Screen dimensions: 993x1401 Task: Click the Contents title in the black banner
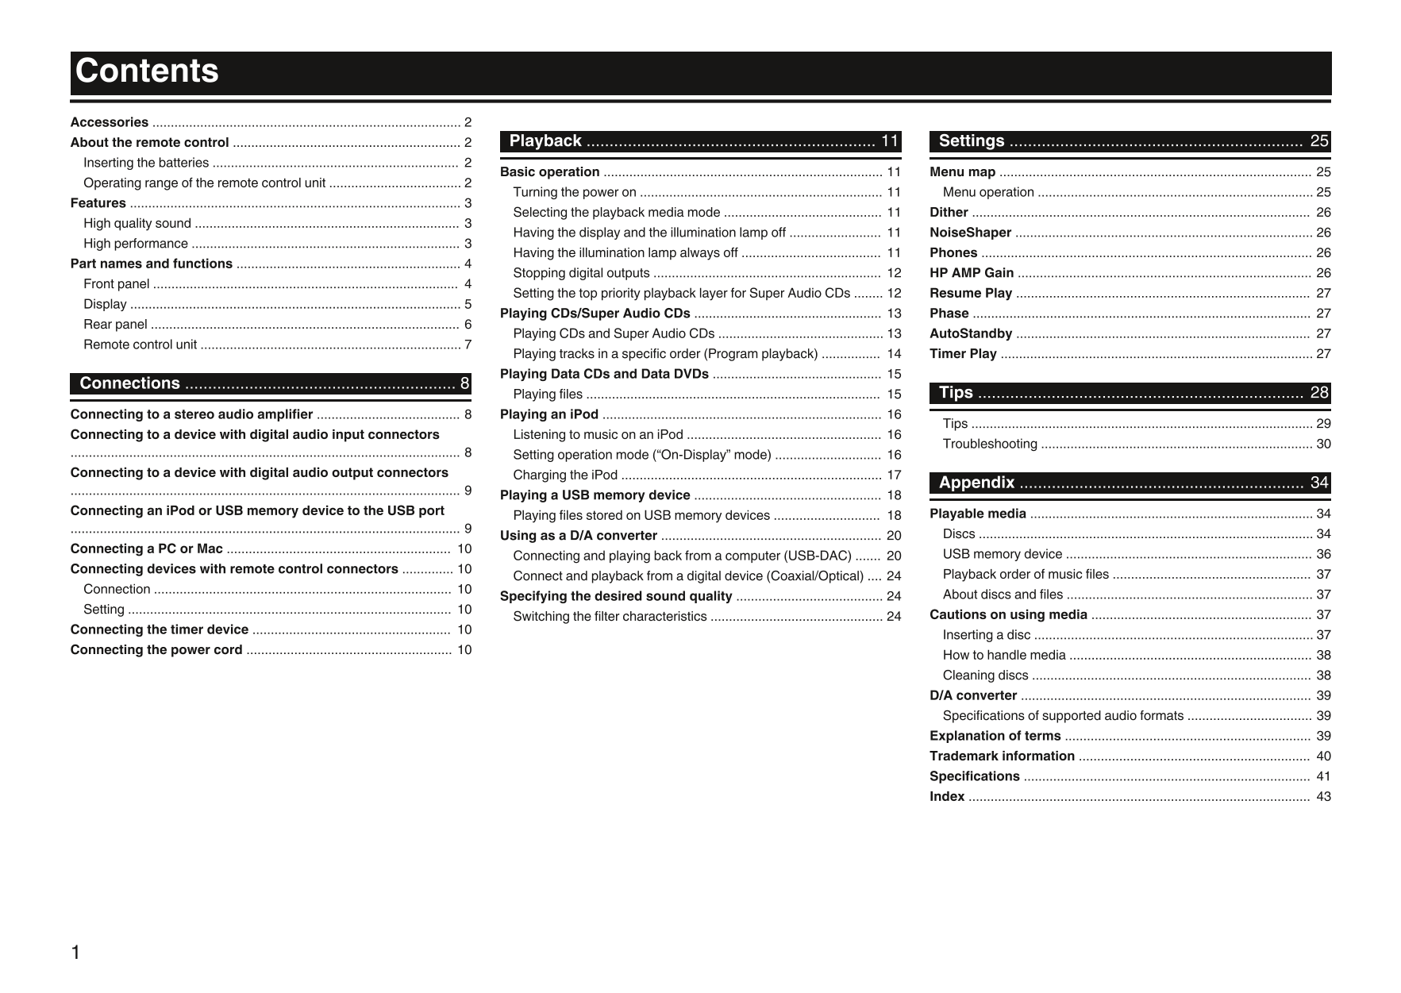pos(147,71)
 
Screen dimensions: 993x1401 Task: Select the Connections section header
pos(130,383)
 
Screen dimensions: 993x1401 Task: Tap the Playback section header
pos(545,141)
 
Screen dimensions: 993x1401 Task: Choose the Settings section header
pos(972,141)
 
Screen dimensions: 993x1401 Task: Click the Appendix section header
pos(976,483)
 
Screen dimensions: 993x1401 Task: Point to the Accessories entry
pos(110,122)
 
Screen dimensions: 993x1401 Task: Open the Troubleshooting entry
pos(990,444)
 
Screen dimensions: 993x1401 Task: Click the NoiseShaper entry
pos(970,233)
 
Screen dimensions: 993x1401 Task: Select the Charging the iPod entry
pos(565,475)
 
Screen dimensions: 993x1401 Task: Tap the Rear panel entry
pos(115,324)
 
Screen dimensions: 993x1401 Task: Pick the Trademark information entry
pos(1002,756)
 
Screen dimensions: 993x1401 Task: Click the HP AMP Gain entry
pos(972,273)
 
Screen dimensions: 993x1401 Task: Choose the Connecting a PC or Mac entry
pos(146,548)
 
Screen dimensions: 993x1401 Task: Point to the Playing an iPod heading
pos(549,414)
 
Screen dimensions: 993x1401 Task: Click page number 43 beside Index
pos(1323,796)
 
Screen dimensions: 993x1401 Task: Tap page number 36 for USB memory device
pos(1323,554)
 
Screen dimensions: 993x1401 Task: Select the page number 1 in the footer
pos(75,953)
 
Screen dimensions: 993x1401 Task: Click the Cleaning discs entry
pos(985,675)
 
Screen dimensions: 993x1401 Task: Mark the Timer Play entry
pos(963,354)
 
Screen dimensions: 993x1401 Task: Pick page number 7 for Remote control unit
pos(468,344)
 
